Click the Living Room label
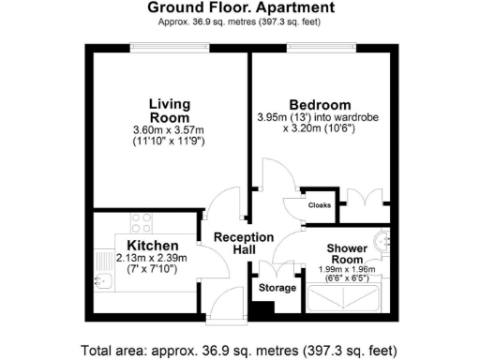point(169,110)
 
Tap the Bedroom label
point(320,104)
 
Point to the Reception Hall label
point(243,244)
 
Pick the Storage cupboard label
point(277,287)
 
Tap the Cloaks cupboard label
point(319,204)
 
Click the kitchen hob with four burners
point(142,223)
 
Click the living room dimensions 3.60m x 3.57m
point(169,129)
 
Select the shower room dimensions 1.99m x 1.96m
point(349,270)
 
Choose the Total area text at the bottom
point(240,351)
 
